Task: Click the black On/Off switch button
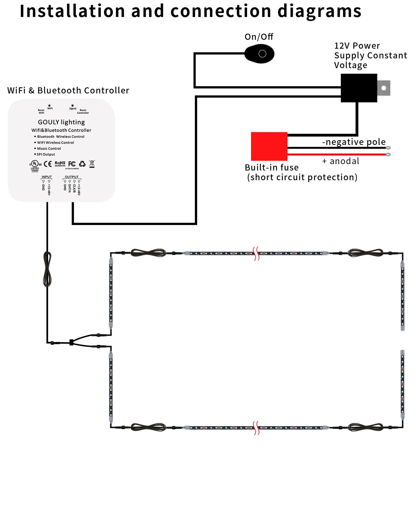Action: (x=259, y=54)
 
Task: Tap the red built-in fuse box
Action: (x=269, y=146)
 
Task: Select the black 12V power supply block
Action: (x=359, y=88)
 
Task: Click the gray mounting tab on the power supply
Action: (x=384, y=88)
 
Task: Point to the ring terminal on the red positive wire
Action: (x=388, y=154)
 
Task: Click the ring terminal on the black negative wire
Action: (x=388, y=148)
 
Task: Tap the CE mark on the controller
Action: (x=48, y=164)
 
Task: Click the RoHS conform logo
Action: (x=60, y=164)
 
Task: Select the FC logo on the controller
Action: (x=72, y=164)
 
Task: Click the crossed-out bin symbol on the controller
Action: (x=92, y=164)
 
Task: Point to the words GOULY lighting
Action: (x=61, y=122)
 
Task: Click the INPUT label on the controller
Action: (x=47, y=177)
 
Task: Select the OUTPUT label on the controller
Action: (x=72, y=177)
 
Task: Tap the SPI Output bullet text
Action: (x=46, y=154)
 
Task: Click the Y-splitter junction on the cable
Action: (x=71, y=342)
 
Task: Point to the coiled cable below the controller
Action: (x=48, y=269)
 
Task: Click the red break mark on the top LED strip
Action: (x=256, y=253)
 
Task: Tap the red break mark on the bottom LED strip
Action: (x=256, y=428)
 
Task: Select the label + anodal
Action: (x=341, y=161)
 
